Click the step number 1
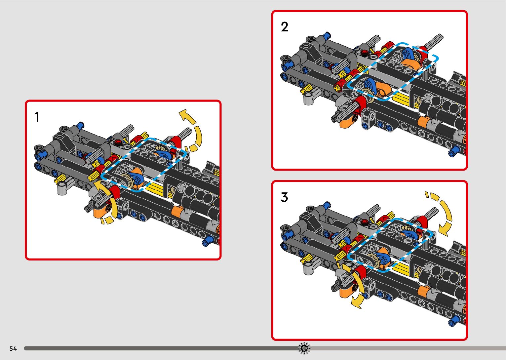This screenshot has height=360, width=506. coord(37,117)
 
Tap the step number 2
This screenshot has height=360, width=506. coord(285,27)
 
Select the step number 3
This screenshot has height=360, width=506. coord(284,197)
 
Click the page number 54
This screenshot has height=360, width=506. coord(13,348)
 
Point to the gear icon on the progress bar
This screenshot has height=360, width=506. coord(304,348)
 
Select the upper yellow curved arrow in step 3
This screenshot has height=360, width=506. coord(441,212)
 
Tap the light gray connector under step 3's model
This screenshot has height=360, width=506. coord(308,268)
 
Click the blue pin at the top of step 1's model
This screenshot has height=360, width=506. coord(80,125)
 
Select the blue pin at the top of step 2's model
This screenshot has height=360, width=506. coord(327,35)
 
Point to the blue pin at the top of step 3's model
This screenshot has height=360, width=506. coord(327,205)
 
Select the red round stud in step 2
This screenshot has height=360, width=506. coord(365,52)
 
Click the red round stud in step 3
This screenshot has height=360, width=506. coord(364,221)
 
